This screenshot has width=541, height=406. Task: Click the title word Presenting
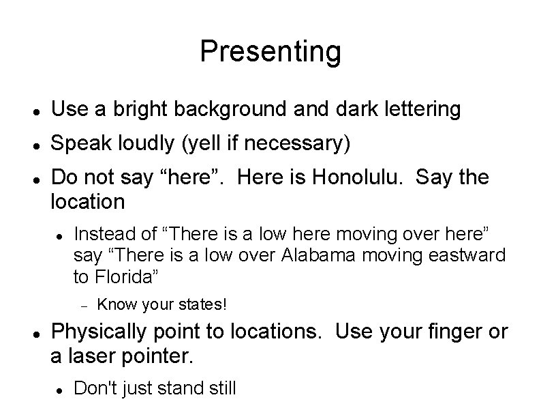pyautogui.click(x=270, y=51)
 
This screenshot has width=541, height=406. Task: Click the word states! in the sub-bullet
pyautogui.click(x=202, y=302)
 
